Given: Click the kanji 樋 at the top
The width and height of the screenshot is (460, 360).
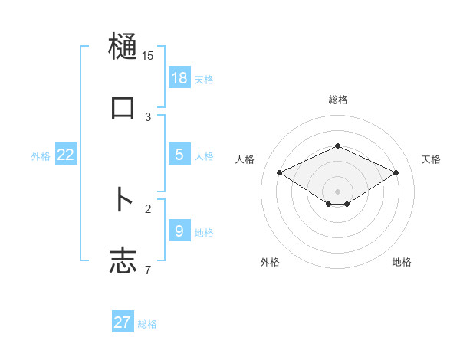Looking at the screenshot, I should click(123, 47).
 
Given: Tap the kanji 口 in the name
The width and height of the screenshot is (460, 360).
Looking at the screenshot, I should click(123, 108).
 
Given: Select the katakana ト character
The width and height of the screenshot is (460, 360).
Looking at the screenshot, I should click(123, 200).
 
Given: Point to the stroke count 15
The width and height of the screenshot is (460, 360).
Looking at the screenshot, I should click(148, 56).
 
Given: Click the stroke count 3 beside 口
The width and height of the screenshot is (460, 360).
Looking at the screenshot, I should click(148, 117).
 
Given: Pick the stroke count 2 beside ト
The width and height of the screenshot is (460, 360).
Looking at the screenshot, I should click(148, 208).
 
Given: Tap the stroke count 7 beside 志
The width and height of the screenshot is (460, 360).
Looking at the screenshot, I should click(148, 270).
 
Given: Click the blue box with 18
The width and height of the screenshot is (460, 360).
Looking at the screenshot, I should click(179, 78).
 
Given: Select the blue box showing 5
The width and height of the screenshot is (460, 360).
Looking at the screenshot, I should click(179, 155).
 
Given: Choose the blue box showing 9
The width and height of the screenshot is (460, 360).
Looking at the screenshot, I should click(179, 231).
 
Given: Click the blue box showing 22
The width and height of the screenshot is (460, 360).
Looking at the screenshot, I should click(66, 155).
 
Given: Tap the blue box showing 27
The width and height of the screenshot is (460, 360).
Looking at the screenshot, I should click(123, 322).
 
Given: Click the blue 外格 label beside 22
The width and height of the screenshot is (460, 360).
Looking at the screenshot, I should click(41, 156).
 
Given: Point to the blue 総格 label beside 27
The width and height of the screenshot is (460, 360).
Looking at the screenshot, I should click(147, 324).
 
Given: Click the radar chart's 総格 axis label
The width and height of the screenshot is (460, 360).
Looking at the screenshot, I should click(337, 100).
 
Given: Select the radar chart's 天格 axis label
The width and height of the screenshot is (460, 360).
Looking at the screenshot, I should click(431, 159).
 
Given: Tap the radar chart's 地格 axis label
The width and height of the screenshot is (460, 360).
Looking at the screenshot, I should click(402, 262).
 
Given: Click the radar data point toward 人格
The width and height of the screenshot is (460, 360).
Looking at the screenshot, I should click(279, 172).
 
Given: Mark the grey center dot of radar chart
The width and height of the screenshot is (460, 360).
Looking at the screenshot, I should click(337, 191).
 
